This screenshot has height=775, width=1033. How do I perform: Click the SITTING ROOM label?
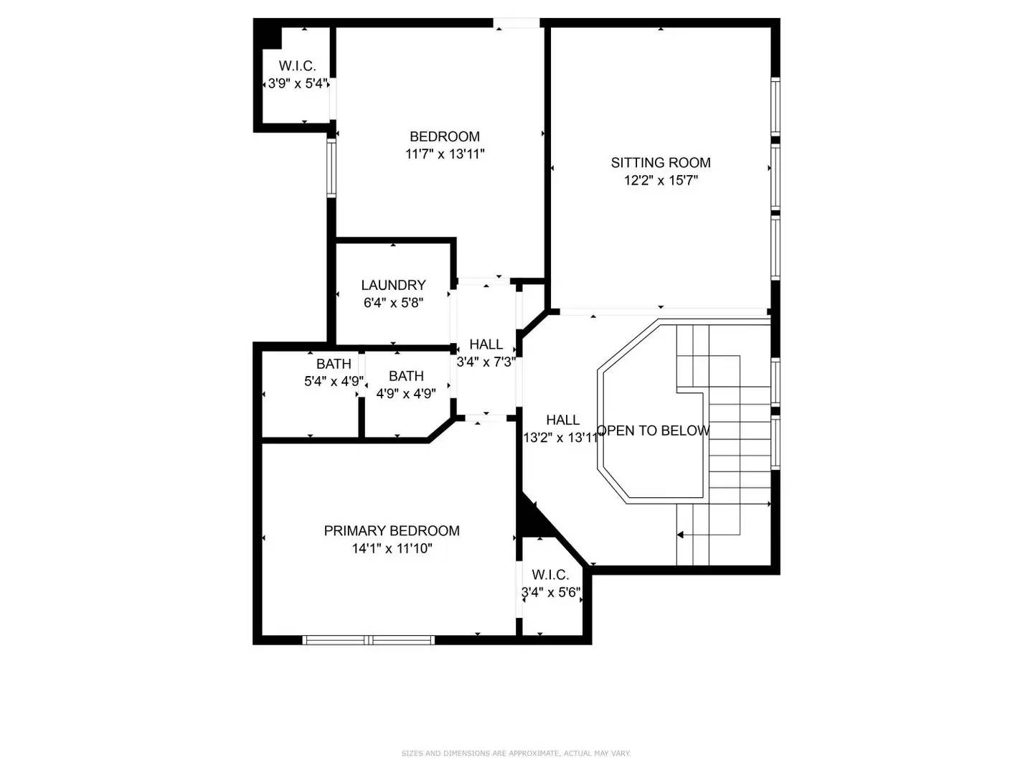coord(660,163)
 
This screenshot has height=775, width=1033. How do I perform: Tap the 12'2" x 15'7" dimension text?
coord(660,181)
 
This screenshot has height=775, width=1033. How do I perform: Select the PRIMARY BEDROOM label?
coord(392,531)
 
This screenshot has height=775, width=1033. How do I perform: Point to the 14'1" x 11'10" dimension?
coord(392,549)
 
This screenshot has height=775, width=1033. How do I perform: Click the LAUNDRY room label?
coord(393,286)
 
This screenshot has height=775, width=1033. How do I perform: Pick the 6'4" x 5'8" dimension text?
coord(393,303)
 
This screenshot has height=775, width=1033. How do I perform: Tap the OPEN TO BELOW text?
coord(653,431)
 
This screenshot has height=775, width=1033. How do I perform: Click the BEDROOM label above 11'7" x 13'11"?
coord(444,136)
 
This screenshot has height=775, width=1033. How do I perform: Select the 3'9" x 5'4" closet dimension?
coord(297,83)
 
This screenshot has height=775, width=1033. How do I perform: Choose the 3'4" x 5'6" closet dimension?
coord(550,593)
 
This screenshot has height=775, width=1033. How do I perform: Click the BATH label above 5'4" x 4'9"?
coord(334,364)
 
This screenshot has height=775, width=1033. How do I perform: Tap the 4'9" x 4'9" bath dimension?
coord(406,393)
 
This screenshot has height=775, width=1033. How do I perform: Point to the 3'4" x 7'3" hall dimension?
coord(486,362)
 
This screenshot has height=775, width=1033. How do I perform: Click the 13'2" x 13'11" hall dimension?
coord(562,438)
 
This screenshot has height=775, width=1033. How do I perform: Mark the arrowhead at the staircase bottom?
coord(680,535)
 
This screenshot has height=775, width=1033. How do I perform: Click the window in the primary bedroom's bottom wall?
coord(369,639)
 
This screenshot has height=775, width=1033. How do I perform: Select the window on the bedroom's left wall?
coord(331,168)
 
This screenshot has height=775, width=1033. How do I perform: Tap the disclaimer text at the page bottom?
coord(516,753)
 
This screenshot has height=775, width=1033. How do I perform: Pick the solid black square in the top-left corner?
coord(268,33)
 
